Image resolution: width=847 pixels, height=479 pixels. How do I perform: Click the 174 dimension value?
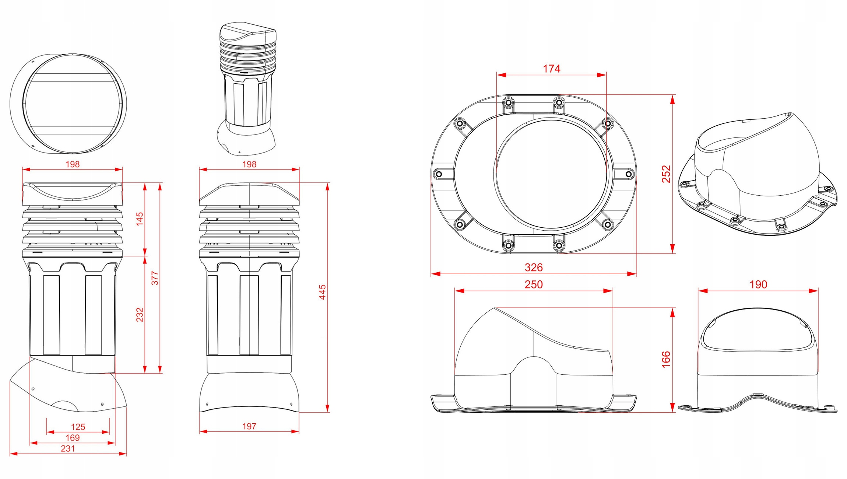pos(551,69)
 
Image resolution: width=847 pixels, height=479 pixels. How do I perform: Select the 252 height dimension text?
pos(666,174)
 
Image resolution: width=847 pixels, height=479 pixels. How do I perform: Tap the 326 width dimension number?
pos(534,268)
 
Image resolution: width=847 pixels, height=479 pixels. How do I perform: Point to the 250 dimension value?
pos(534,284)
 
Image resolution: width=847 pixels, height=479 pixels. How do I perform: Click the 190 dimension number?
pos(758,284)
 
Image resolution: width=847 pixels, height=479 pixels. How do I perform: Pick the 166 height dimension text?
pos(666,359)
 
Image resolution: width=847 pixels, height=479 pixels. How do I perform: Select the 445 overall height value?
pos(322,292)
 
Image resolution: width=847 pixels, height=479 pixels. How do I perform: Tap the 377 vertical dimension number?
pos(155,278)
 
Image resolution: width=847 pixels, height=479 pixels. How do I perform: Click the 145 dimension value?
pos(140,219)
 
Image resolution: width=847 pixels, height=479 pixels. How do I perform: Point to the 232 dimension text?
pos(140,315)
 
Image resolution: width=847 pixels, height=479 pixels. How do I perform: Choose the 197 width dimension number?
pos(249,426)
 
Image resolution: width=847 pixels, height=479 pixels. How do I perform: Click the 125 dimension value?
pos(78,427)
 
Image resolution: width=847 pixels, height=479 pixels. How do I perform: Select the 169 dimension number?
pos(73,438)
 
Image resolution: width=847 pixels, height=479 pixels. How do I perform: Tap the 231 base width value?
pos(68,448)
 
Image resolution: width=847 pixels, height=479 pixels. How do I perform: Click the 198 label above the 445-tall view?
pos(249,164)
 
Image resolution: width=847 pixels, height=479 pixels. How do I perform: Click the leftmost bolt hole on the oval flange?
pos(439,174)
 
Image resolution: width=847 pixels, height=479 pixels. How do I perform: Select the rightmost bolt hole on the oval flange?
pos(629,174)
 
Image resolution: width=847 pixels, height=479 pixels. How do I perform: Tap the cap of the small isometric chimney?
pos(247,33)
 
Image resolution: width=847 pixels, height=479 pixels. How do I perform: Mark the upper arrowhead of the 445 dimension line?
pos(327,186)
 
